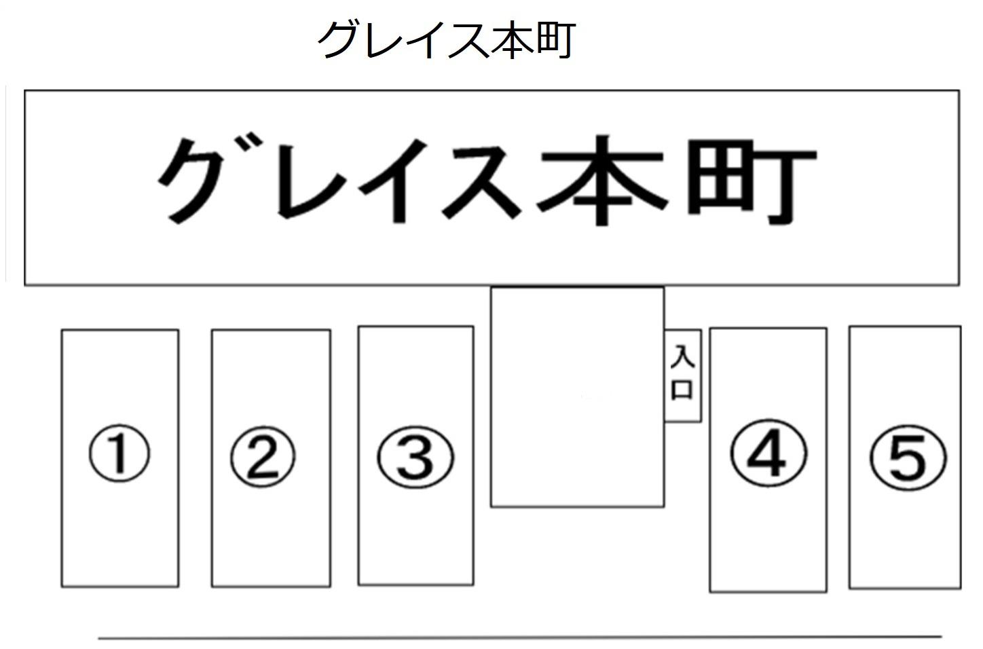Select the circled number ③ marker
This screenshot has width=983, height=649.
[x=415, y=456]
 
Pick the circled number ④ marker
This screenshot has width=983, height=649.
[x=768, y=452]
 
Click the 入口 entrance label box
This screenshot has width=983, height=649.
[x=682, y=375]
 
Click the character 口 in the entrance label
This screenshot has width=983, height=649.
[x=682, y=389]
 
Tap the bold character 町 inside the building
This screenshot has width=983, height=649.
[x=750, y=180]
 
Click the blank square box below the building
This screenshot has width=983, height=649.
[x=577, y=397]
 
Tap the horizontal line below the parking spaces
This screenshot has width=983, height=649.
[x=519, y=637]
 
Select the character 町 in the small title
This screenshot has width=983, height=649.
[x=554, y=40]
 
